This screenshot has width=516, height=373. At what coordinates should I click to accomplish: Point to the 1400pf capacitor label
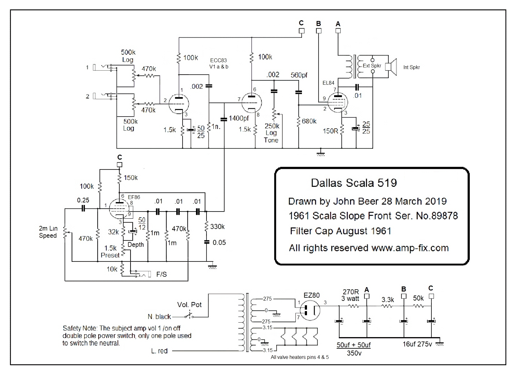239,118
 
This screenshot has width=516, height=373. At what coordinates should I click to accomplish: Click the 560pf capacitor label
299,75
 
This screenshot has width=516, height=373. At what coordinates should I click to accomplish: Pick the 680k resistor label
309,121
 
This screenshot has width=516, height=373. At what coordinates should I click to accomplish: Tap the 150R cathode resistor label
331,131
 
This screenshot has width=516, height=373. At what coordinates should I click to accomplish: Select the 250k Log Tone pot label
272,133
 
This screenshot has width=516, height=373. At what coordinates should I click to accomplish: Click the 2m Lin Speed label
48,232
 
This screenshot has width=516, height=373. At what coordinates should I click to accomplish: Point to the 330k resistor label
217,227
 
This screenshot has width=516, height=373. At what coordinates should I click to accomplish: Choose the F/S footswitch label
161,274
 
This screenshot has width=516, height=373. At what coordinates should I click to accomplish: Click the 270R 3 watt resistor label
351,295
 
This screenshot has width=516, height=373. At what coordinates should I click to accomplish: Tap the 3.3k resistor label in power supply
388,300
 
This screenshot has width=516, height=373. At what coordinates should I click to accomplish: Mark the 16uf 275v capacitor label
418,344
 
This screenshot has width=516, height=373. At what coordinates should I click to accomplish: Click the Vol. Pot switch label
189,305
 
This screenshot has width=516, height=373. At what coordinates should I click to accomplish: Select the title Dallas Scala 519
354,183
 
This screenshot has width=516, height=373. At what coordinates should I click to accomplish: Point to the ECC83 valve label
218,60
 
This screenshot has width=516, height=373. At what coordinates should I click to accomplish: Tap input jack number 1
95,67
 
